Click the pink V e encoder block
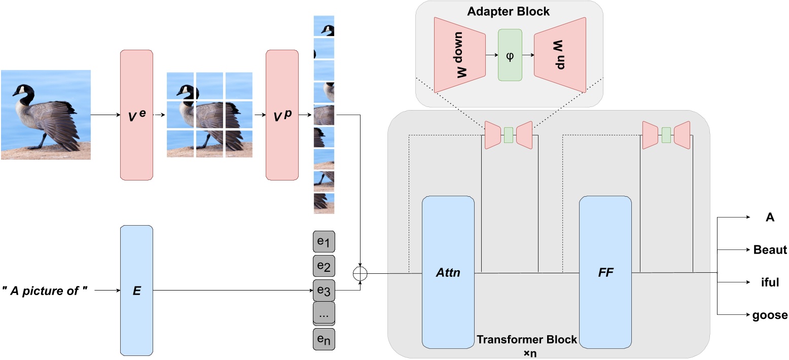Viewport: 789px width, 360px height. point(136,115)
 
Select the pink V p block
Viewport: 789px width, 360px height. point(282,115)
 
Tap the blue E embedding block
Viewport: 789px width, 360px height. point(136,291)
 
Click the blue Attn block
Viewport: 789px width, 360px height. point(448,273)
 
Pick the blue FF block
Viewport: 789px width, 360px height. point(605,273)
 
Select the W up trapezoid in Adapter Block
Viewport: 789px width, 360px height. point(560,55)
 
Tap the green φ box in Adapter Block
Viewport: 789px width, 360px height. point(510,55)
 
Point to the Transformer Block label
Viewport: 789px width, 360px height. point(527,339)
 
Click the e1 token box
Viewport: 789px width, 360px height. point(324,243)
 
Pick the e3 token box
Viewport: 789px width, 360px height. point(324,291)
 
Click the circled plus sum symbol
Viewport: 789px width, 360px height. point(360,274)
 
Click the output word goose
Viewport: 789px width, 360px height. point(770,315)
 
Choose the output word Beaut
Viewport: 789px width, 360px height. point(770,249)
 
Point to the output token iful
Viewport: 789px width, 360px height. point(770,282)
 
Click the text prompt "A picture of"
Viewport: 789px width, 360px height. point(47,291)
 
